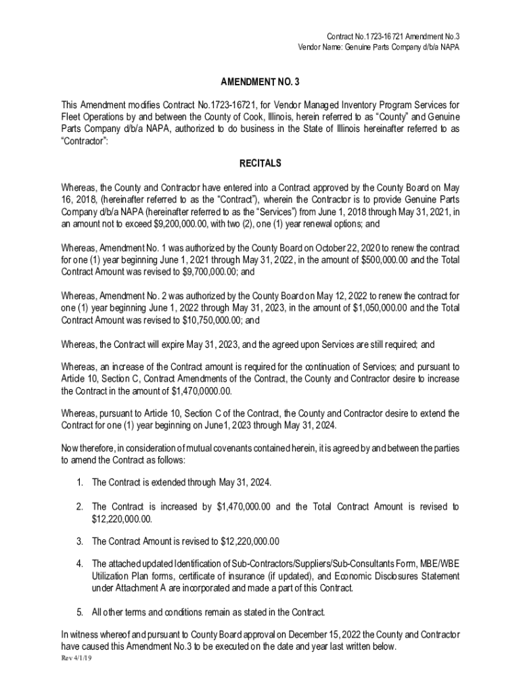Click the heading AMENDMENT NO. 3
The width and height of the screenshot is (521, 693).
point(260,82)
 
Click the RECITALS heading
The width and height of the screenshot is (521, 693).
point(260,164)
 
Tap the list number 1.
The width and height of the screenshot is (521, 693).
point(79,483)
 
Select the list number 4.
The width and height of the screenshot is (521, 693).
point(79,564)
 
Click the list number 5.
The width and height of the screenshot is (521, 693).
point(79,612)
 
